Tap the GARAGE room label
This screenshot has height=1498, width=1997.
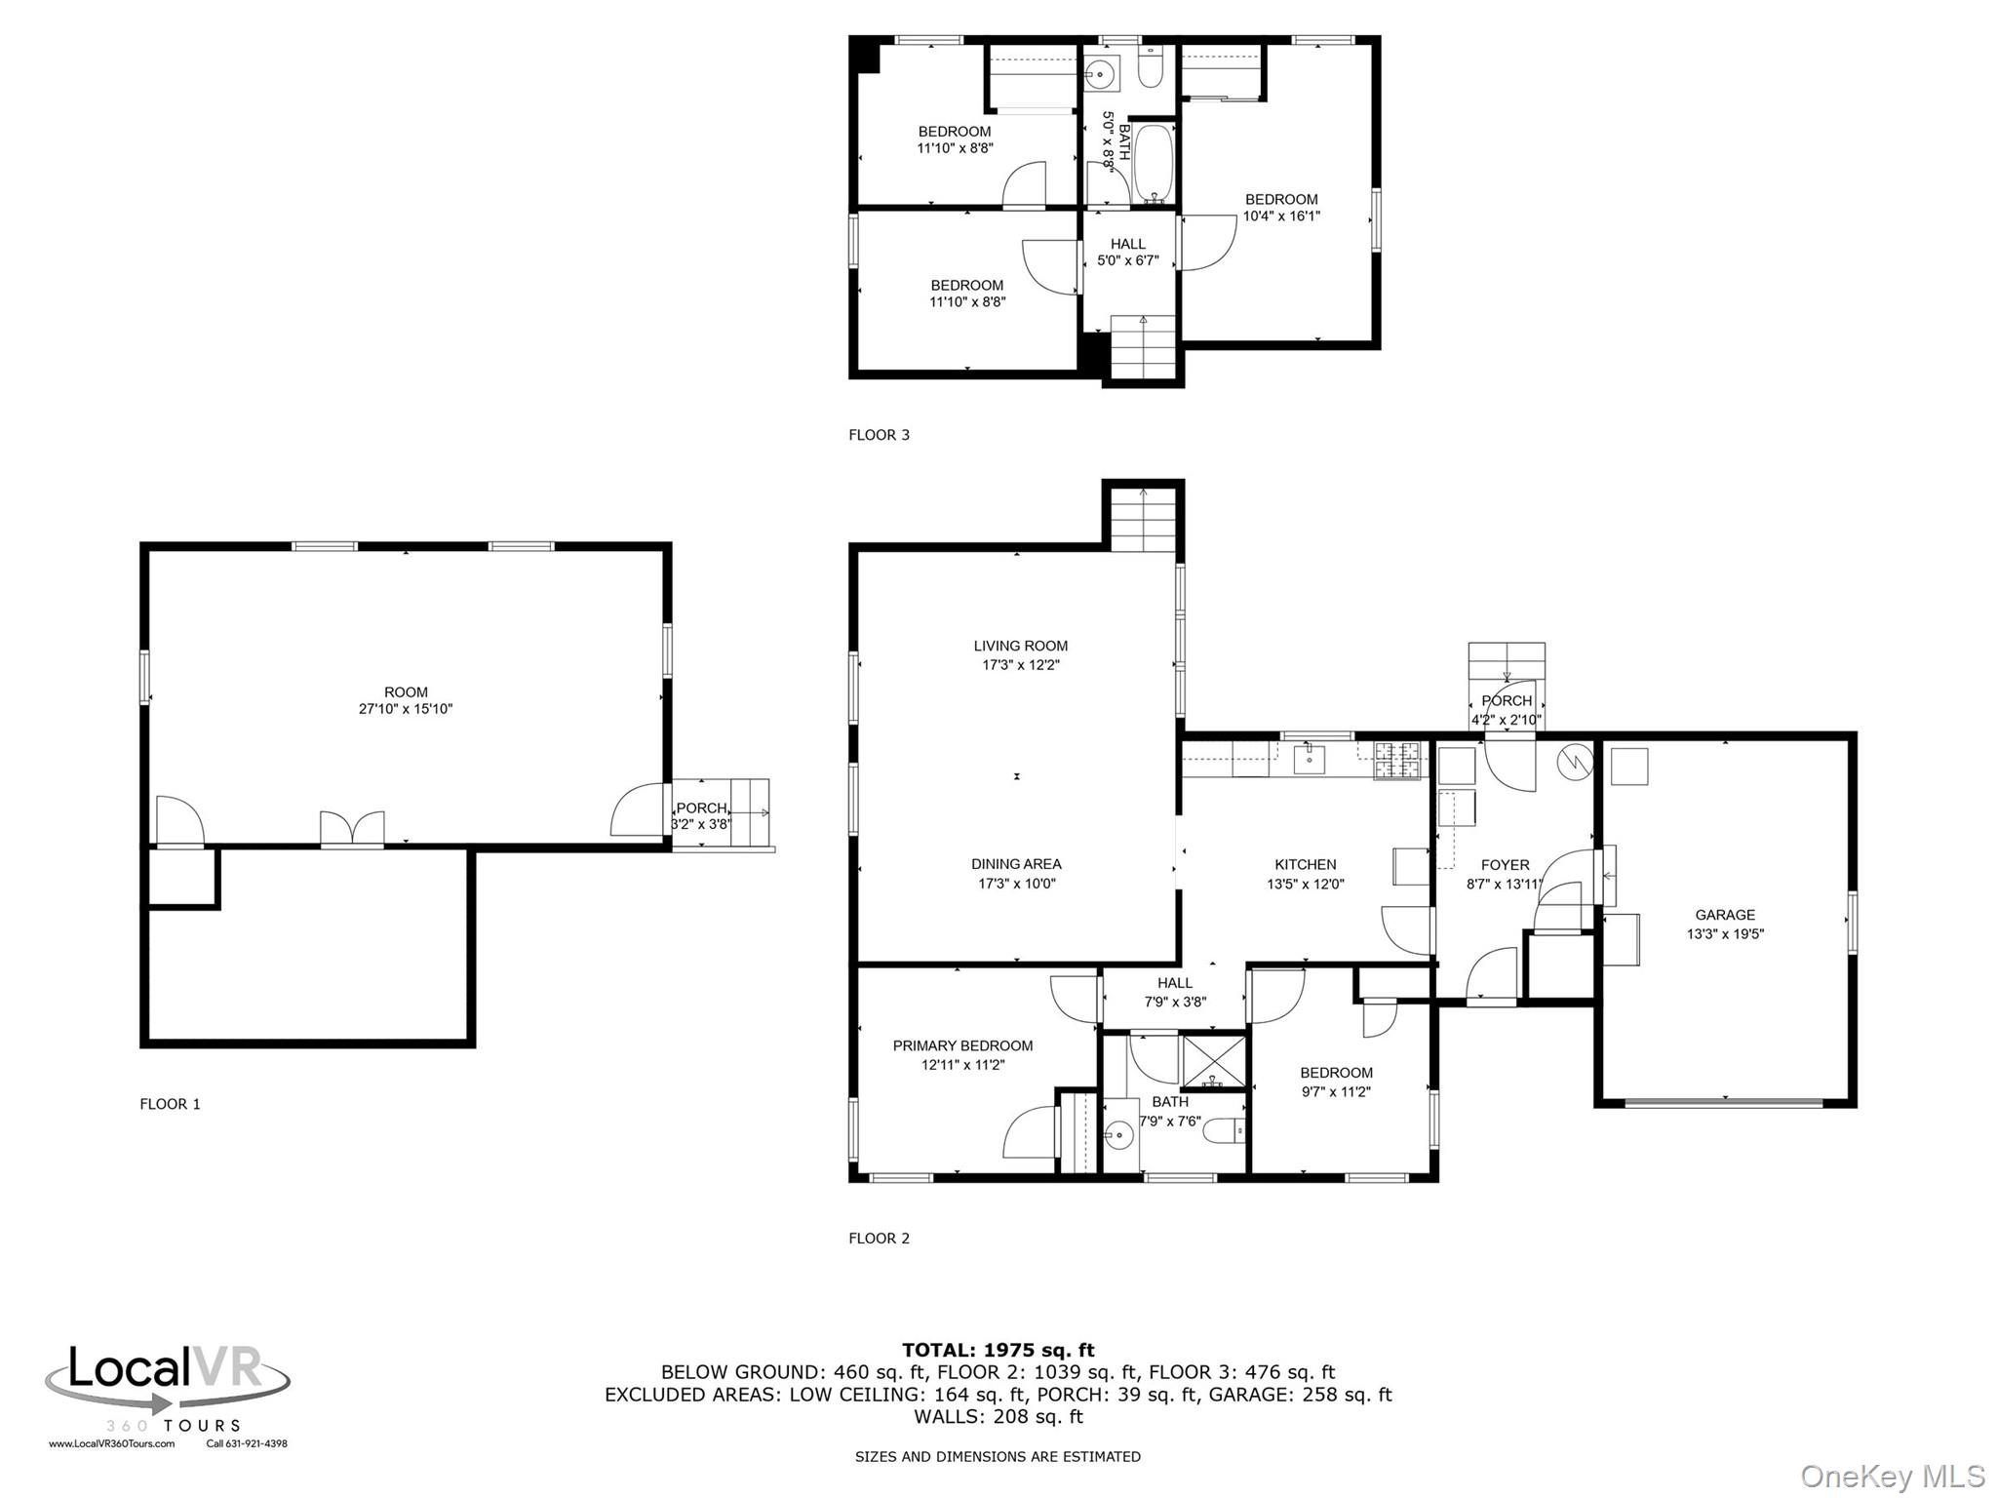(x=1725, y=915)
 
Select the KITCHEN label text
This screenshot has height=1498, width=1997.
(x=1306, y=865)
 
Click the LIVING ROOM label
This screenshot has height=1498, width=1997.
(x=1021, y=646)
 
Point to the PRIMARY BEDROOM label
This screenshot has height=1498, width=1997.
(x=963, y=1045)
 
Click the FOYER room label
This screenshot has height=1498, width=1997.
(x=1506, y=865)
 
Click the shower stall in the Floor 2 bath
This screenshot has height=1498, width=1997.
(x=1214, y=1061)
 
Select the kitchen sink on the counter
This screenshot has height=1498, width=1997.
(x=1309, y=758)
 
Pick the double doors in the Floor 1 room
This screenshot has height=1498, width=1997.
(x=352, y=828)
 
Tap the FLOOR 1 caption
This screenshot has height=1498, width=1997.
(x=170, y=1104)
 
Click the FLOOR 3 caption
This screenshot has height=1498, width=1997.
(x=879, y=435)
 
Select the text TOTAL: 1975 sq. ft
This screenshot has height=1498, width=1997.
(x=998, y=1351)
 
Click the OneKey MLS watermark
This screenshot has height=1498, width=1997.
(x=1893, y=1477)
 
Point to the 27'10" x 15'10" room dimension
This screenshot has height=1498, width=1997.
(x=406, y=709)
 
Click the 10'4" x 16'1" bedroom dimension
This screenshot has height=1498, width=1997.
(x=1281, y=217)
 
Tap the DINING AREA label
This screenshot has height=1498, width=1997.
(x=1016, y=864)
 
